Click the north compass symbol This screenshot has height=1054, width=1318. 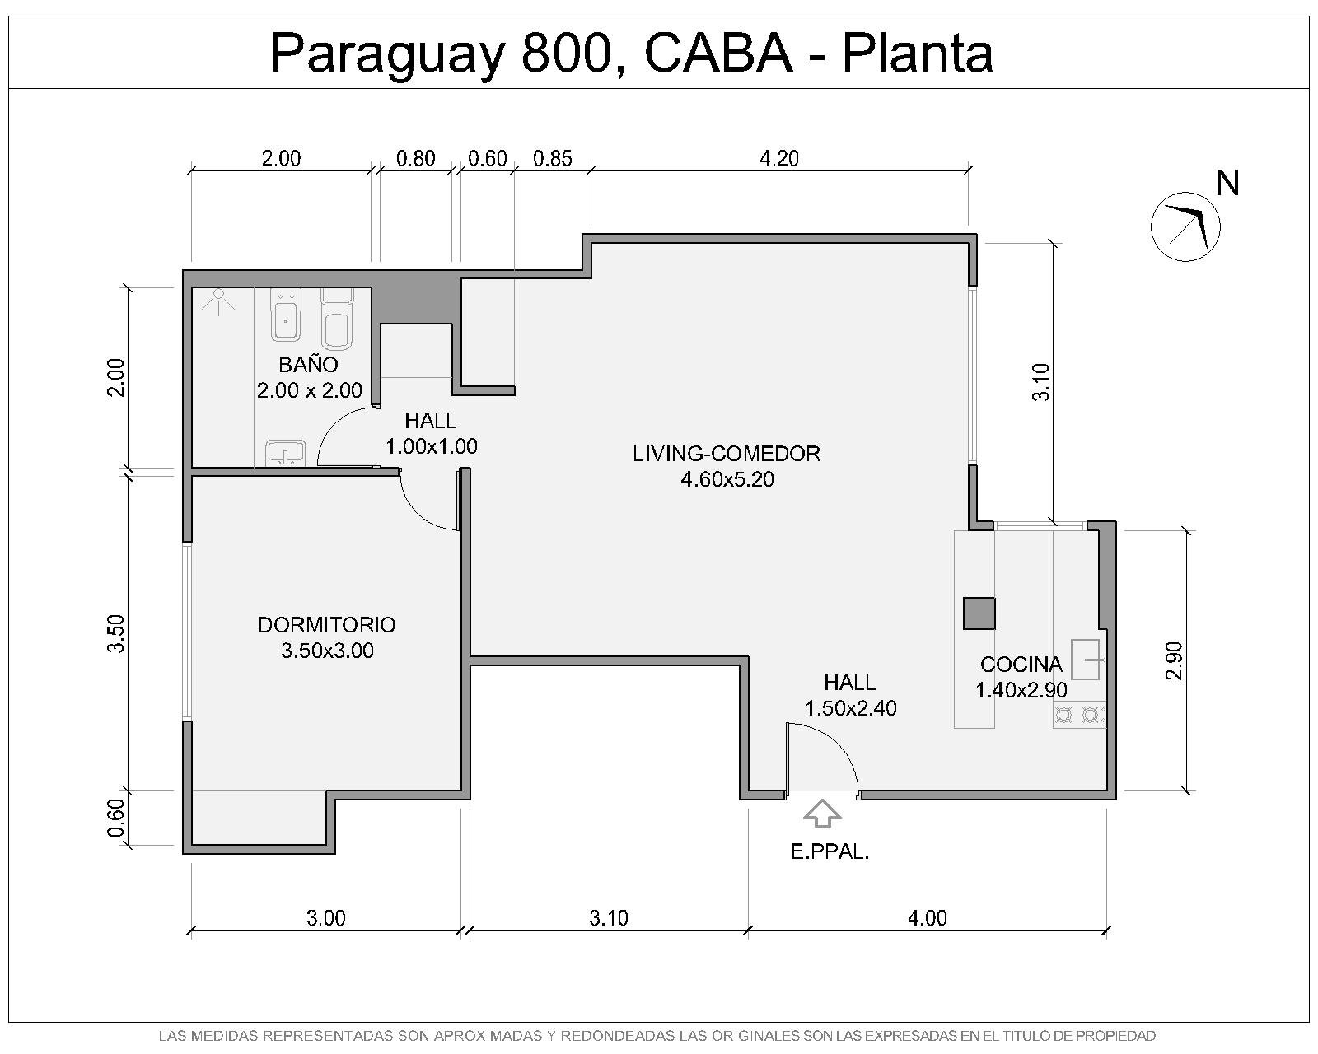point(1185,226)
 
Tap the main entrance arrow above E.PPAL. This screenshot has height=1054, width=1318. point(822,814)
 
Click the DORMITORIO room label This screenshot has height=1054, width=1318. point(327,625)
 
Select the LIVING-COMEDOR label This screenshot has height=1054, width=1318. point(727,453)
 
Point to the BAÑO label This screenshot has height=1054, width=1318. point(308,364)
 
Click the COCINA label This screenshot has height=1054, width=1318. point(1021,664)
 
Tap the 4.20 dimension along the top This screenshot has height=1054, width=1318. point(779,159)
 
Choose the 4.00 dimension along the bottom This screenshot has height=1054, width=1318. point(928,918)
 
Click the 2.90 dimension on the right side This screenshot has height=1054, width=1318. point(1174,660)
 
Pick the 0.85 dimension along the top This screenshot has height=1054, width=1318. point(553,159)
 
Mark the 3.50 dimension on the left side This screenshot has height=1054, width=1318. point(116,634)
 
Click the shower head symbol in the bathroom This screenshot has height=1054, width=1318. point(218,301)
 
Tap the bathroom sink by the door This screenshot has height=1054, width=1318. point(285,453)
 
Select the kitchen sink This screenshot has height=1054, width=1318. point(1085,660)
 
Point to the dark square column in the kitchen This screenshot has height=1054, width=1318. point(979,613)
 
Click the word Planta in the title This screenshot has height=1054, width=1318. point(918,54)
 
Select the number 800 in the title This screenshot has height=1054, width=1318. point(567,54)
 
